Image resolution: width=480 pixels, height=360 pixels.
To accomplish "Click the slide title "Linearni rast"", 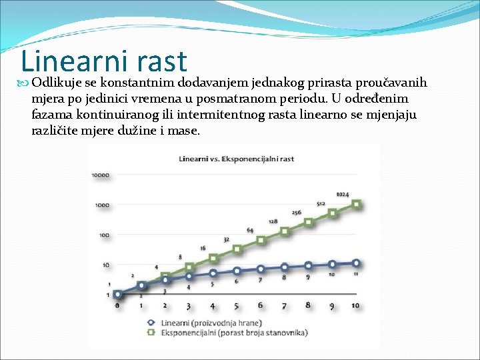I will tap(104, 61).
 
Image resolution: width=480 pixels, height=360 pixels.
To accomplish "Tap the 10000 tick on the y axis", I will tap(101, 175).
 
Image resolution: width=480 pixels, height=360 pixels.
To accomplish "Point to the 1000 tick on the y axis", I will tap(101, 205).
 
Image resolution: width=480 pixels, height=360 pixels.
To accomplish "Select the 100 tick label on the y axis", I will tap(103, 235).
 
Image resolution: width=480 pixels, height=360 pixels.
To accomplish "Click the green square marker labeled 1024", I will tap(357, 204).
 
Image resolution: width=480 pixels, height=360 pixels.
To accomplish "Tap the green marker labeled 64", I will tap(261, 240).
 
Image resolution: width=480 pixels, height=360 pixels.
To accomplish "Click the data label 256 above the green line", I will tap(297, 213).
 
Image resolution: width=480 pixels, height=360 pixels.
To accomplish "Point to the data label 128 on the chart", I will tap(273, 221).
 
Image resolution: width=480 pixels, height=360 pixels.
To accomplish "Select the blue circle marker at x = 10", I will tap(357, 263).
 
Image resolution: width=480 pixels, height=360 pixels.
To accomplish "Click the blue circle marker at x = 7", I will tap(285, 267).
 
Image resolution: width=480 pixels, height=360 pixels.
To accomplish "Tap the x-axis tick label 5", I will tap(236, 306).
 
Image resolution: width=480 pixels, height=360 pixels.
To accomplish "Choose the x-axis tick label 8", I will tap(307, 305).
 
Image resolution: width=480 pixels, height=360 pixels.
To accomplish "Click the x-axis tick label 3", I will tap(189, 306).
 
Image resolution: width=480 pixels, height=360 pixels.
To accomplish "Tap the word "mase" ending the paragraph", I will tap(183, 131).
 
